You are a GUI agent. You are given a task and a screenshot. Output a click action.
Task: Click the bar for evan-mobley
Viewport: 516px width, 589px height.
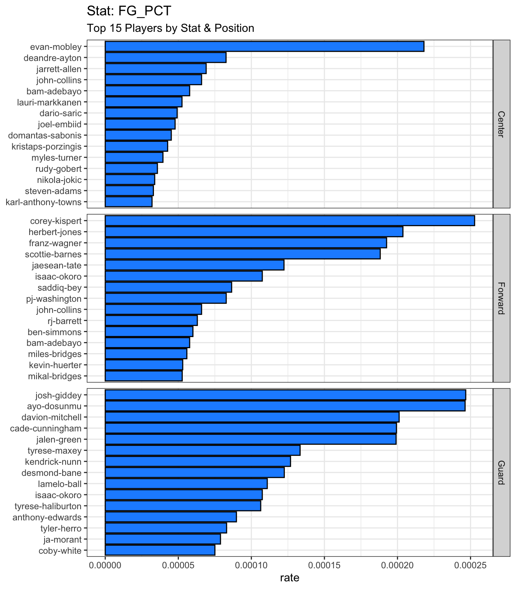(x=265, y=47)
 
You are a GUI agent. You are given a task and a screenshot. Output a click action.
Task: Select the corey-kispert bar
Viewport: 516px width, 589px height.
(x=290, y=221)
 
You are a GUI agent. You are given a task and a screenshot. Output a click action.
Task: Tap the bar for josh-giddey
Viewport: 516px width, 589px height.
(x=285, y=395)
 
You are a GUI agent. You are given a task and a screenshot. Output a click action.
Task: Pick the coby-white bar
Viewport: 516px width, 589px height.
(x=160, y=550)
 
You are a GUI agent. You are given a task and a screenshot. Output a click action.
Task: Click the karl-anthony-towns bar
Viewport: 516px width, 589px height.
(x=129, y=202)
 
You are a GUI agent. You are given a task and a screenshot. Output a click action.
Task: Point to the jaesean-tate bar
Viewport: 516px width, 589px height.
(x=195, y=265)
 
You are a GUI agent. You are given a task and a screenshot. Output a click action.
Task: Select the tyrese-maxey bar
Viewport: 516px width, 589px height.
(x=203, y=451)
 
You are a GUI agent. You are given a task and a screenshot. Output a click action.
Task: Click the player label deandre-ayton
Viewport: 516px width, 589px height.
(x=53, y=58)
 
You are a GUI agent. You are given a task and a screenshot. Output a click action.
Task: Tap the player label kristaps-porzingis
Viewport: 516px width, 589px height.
(x=46, y=147)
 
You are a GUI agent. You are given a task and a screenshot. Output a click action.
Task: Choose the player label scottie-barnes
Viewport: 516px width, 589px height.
(x=53, y=255)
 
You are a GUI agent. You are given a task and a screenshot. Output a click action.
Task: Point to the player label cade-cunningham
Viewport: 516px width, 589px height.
(x=46, y=429)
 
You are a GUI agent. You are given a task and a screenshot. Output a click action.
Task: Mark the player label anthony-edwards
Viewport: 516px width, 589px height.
(x=47, y=517)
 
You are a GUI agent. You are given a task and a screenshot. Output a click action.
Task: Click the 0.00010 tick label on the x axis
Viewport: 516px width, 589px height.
(x=251, y=565)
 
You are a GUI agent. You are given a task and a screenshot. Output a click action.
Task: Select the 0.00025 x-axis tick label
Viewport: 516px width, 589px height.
(x=470, y=565)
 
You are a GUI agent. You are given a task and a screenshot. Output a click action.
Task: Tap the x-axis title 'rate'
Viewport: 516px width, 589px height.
(x=290, y=578)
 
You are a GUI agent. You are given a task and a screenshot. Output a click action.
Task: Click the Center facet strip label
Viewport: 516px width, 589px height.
(x=501, y=124)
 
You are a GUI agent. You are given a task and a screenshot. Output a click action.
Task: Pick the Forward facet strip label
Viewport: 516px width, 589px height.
(x=501, y=298)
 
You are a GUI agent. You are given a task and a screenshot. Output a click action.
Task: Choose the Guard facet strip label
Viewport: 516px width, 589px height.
(x=501, y=473)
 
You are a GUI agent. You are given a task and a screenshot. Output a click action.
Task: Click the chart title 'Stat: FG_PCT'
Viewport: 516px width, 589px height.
(x=129, y=11)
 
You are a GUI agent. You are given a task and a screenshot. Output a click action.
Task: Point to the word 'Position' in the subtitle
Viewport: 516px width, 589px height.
(x=234, y=28)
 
